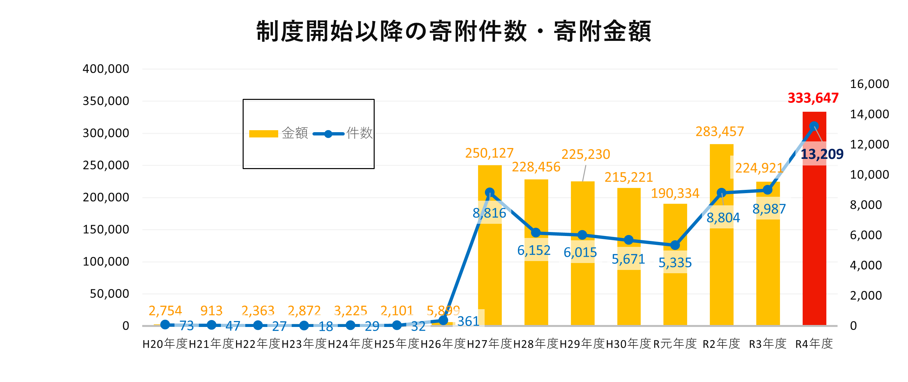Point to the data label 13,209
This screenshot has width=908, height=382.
pyautogui.click(x=822, y=154)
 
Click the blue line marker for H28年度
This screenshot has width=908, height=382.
pyautogui.click(x=536, y=232)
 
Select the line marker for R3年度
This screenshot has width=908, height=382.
pyautogui.click(x=768, y=190)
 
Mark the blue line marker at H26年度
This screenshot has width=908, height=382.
pyautogui.click(x=443, y=320)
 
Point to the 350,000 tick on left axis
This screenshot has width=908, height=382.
pyautogui.click(x=106, y=101)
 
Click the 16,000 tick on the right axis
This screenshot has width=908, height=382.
pyautogui.click(x=869, y=84)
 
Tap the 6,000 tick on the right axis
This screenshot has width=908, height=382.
pyautogui.click(x=866, y=235)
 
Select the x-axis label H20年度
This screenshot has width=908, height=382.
pyautogui.click(x=165, y=343)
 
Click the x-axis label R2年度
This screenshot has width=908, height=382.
pyautogui.click(x=722, y=343)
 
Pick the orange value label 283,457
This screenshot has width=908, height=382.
pyautogui.click(x=719, y=132)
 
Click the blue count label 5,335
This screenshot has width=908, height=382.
pyautogui.click(x=675, y=263)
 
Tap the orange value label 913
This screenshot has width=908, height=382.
pyautogui.click(x=211, y=311)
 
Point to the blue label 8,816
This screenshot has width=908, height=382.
pyautogui.click(x=489, y=213)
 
